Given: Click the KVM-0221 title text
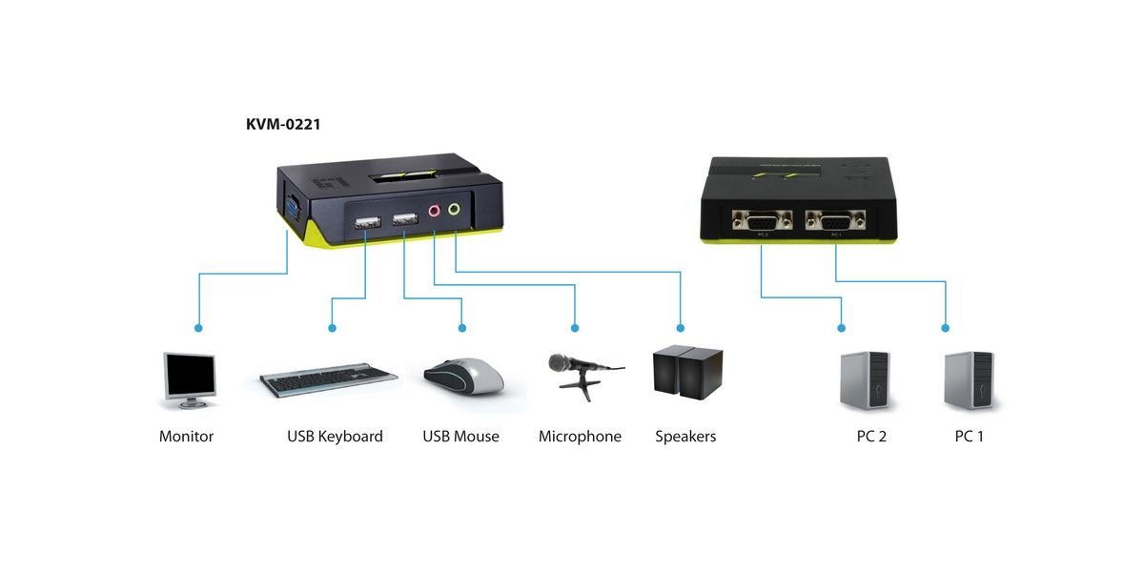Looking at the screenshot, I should pyautogui.click(x=282, y=124).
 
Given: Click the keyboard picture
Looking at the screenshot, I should pyautogui.click(x=329, y=379).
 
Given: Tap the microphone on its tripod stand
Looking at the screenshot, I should pyautogui.click(x=582, y=372).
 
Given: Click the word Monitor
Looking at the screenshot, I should pyautogui.click(x=187, y=437).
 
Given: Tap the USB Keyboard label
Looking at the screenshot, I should pyautogui.click(x=335, y=437).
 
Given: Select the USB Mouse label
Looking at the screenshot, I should pyautogui.click(x=460, y=437).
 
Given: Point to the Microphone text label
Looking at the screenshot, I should pyautogui.click(x=580, y=437).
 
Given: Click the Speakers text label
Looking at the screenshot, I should pyautogui.click(x=685, y=437).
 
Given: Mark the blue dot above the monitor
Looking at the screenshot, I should pyautogui.click(x=198, y=328).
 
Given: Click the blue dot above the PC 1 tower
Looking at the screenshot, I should pyautogui.click(x=946, y=328).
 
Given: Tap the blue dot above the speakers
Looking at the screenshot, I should pyautogui.click(x=681, y=328).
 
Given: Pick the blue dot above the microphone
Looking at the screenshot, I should pyautogui.click(x=576, y=328).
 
